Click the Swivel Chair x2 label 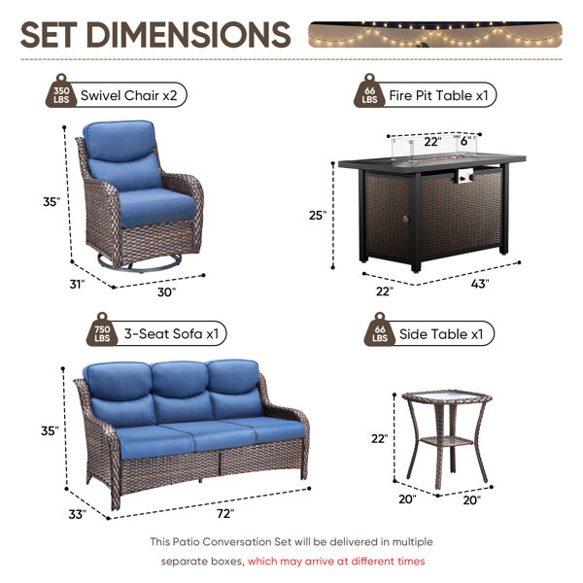point(128,95)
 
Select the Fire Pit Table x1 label point(438,95)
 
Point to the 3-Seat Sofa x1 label point(171,334)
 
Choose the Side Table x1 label point(441,334)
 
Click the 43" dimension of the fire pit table point(480,284)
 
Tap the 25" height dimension point(318,215)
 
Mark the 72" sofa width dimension point(225,513)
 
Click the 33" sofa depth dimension point(78,514)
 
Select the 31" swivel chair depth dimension point(78,284)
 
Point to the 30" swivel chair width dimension point(166,291)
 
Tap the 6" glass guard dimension point(465,141)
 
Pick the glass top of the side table point(447,397)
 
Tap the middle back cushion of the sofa point(181,380)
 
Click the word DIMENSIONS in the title point(189,35)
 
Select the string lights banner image point(435,35)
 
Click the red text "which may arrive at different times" point(336,561)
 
